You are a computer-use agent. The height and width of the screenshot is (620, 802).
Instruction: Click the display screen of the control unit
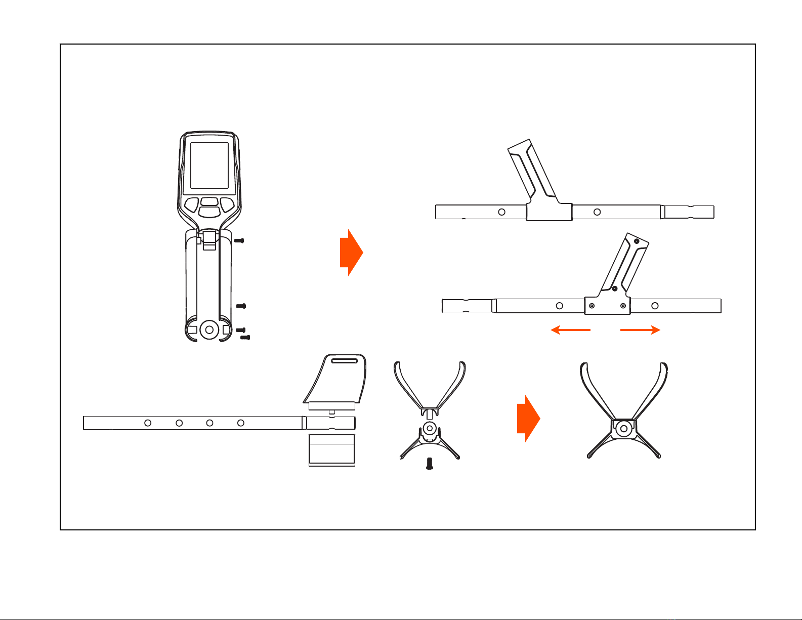209,168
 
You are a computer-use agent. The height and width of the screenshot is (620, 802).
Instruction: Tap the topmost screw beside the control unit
240,241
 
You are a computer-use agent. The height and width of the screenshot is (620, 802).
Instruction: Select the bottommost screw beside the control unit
245,337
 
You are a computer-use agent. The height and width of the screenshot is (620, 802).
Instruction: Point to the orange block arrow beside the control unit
351,252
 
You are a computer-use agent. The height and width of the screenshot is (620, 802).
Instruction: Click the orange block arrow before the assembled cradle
528,419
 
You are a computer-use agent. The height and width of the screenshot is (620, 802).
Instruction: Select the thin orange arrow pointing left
570,330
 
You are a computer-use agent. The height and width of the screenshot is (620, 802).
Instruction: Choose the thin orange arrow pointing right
640,330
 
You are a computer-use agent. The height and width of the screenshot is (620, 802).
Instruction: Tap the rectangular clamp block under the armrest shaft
332,449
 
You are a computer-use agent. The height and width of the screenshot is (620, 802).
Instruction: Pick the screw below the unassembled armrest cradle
430,464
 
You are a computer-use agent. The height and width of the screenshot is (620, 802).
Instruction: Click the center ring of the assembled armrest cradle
624,429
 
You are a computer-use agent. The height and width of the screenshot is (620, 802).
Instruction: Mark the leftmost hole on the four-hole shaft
148,423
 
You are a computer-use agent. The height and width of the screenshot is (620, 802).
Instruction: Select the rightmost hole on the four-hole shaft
241,423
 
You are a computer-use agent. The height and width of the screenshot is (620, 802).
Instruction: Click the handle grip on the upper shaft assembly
531,170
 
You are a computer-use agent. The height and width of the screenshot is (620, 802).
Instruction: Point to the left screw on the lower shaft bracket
592,306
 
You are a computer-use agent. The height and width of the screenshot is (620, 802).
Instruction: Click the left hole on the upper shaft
501,212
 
